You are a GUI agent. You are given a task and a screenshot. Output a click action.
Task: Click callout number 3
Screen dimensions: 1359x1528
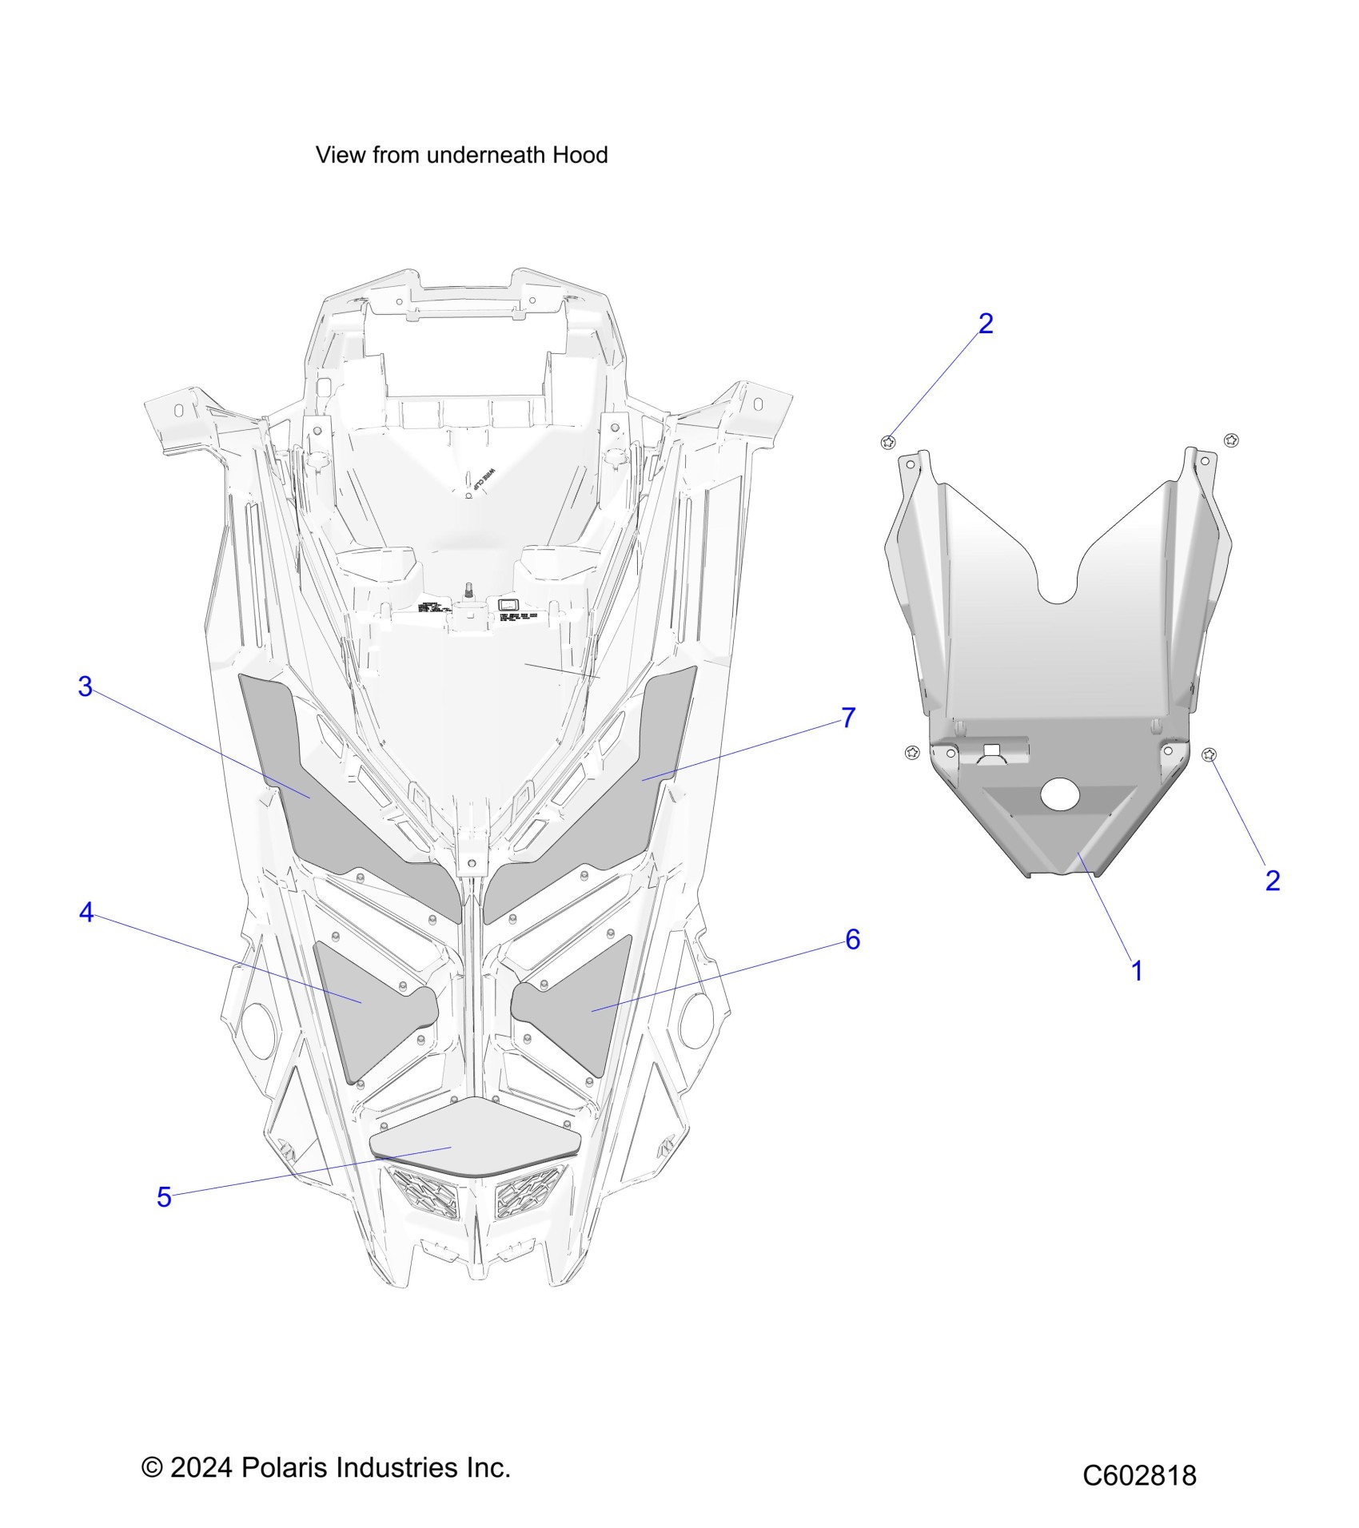(x=86, y=686)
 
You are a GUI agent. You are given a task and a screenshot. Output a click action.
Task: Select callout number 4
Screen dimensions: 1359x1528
(x=86, y=913)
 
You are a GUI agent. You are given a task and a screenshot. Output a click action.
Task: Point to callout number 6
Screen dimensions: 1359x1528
(x=852, y=940)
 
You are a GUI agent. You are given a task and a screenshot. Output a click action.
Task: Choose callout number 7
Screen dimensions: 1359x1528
(x=848, y=718)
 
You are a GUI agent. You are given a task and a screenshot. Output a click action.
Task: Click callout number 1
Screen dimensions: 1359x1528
(x=1136, y=972)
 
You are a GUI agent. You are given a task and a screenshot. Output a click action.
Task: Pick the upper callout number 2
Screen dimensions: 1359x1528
(x=986, y=324)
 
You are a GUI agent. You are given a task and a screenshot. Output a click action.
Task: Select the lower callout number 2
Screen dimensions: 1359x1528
(x=1273, y=881)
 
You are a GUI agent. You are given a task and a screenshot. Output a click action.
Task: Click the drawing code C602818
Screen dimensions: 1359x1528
(x=1139, y=1474)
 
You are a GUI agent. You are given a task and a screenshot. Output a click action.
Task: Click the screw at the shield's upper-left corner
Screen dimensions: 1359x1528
(x=887, y=442)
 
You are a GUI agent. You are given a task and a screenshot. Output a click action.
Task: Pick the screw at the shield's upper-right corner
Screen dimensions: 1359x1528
(x=1231, y=440)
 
